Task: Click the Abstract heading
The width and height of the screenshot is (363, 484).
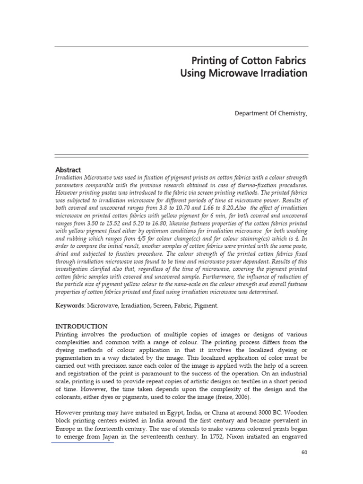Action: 68,170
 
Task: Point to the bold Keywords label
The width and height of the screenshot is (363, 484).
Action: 70,306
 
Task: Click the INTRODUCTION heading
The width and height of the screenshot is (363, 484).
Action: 81,326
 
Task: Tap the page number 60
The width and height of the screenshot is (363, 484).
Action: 304,452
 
